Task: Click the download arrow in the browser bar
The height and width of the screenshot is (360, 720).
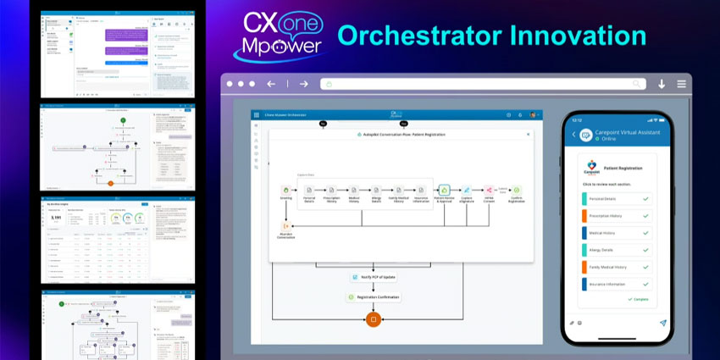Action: (x=661, y=84)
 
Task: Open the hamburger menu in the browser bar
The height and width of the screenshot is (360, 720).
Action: (x=682, y=84)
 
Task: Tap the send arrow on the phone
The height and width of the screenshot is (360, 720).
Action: (x=663, y=323)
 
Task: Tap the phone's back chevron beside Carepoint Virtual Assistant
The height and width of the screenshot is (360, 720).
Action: (x=573, y=134)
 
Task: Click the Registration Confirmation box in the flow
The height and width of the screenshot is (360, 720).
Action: (x=373, y=297)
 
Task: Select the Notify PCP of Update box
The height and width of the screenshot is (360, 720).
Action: (x=373, y=277)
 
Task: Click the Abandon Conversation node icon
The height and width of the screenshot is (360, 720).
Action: (x=286, y=225)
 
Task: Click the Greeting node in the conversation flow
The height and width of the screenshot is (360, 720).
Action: (x=286, y=191)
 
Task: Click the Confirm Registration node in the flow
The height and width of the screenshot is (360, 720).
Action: (x=517, y=191)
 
